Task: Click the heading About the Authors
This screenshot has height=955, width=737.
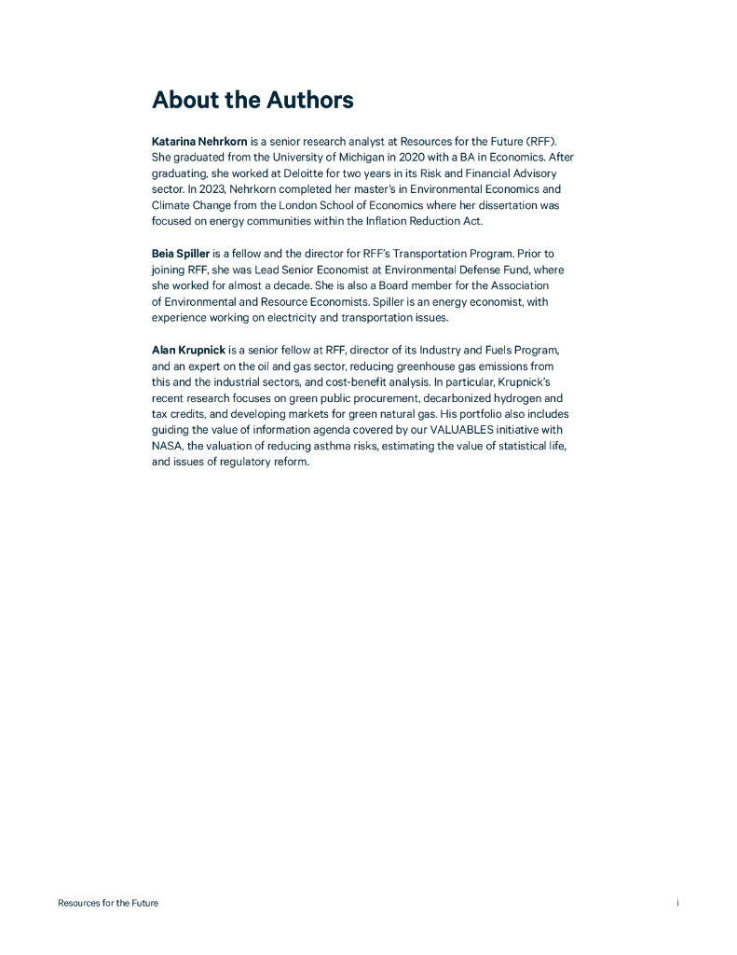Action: (x=252, y=100)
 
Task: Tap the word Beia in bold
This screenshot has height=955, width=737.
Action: (x=164, y=254)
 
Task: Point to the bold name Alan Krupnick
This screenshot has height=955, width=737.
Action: (x=188, y=350)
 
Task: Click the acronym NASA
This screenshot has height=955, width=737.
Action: (x=167, y=446)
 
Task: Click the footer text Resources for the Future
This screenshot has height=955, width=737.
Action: (x=108, y=903)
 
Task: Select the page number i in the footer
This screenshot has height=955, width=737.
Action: (x=677, y=903)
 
